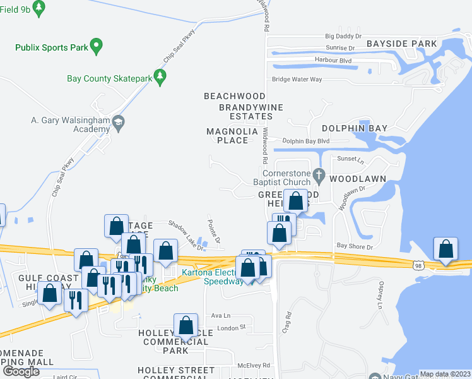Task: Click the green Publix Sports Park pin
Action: pyautogui.click(x=96, y=45)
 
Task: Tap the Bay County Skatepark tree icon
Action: pyautogui.click(x=160, y=78)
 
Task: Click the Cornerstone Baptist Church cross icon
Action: pyautogui.click(x=319, y=174)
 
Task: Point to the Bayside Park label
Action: pyautogui.click(x=401, y=44)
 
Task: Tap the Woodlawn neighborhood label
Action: pyautogui.click(x=357, y=179)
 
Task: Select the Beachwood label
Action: pyautogui.click(x=234, y=96)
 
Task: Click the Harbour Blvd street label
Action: pyautogui.click(x=333, y=61)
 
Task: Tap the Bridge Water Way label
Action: pyautogui.click(x=297, y=80)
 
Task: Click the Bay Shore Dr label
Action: pyautogui.click(x=355, y=246)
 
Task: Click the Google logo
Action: pyautogui.click(x=21, y=371)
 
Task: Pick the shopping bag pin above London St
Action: pyautogui.click(x=186, y=325)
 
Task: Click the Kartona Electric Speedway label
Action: pyautogui.click(x=213, y=277)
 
